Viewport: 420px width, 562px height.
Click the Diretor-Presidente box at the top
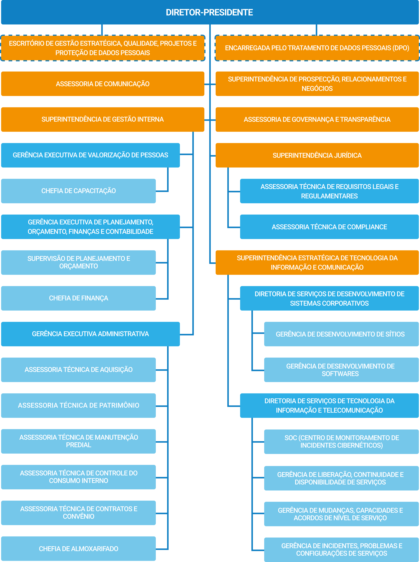[210, 12]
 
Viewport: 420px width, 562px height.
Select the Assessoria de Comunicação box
[103, 84]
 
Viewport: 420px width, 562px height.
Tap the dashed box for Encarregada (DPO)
[317, 48]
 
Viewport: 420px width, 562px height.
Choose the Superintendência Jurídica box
[317, 155]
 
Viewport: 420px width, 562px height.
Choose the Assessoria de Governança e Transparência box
[317, 119]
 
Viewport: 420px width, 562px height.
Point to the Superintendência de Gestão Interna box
[103, 119]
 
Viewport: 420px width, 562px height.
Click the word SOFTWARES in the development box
[340, 374]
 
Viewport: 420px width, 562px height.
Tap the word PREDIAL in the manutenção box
[78, 445]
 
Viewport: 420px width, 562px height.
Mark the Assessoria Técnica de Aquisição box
[78, 370]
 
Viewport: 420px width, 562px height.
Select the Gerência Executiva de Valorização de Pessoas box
[90, 155]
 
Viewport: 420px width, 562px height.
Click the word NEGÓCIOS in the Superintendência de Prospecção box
[317, 89]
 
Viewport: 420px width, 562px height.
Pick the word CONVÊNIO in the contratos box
[78, 516]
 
